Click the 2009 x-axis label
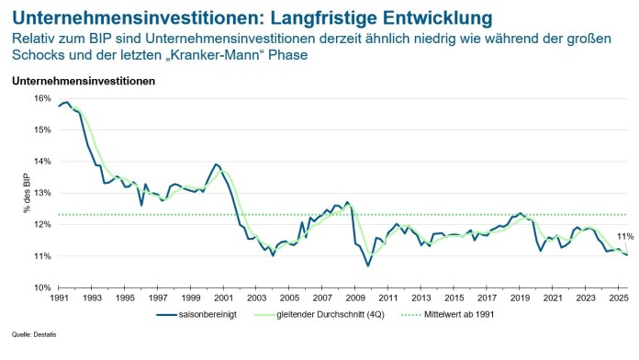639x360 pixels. pyautogui.click(x=353, y=299)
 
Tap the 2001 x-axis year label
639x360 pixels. pyautogui.click(x=221, y=299)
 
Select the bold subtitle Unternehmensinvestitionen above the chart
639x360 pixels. pyautogui.click(x=84, y=81)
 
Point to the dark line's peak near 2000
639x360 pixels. pyautogui.click(x=216, y=164)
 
